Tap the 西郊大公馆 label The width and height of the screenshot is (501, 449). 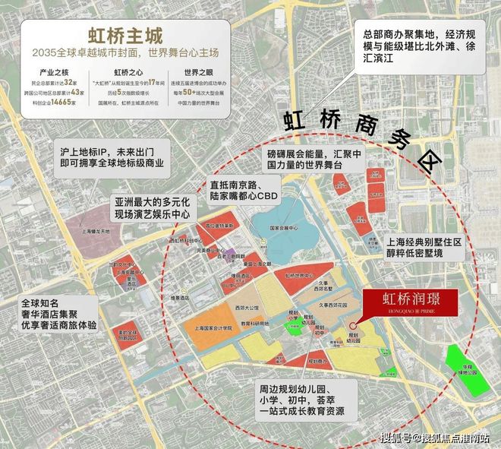point(247,308)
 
